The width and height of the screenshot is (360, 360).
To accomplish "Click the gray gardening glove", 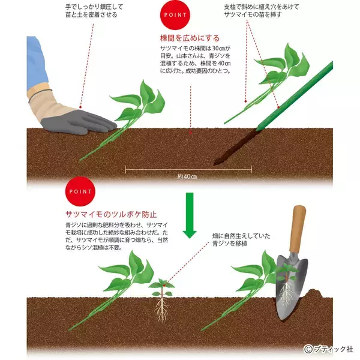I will (x=84, y=119).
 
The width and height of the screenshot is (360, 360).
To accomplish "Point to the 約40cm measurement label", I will (x=187, y=177).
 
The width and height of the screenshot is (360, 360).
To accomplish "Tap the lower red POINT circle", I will (x=80, y=192).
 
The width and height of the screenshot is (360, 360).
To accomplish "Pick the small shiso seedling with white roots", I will (x=160, y=297).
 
